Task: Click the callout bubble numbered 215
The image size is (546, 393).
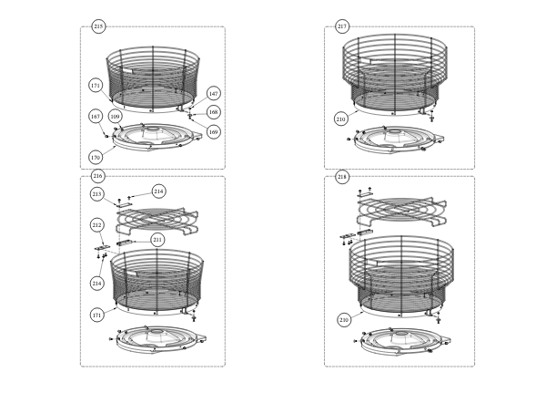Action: click(x=98, y=26)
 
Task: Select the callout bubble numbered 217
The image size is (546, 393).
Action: click(x=342, y=26)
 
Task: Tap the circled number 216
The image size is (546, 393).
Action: click(x=98, y=176)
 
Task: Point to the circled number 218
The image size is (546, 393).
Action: click(x=342, y=177)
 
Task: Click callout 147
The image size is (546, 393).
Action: click(x=214, y=94)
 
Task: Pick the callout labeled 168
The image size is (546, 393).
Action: click(x=214, y=112)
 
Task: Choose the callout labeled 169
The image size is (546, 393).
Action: click(x=214, y=132)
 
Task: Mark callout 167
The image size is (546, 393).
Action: click(x=96, y=117)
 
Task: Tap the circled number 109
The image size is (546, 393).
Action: click(x=116, y=117)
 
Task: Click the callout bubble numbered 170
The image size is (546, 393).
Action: click(x=96, y=158)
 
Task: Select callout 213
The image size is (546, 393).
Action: click(x=97, y=194)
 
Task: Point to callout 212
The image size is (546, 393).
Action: click(x=97, y=225)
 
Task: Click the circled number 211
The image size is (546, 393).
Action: click(x=157, y=240)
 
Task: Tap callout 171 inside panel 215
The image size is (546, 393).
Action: click(x=96, y=86)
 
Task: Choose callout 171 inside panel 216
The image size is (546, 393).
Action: click(x=97, y=315)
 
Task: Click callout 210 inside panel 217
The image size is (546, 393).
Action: click(x=341, y=119)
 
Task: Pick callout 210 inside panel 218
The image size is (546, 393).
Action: click(x=344, y=320)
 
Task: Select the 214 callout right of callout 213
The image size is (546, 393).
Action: click(x=158, y=191)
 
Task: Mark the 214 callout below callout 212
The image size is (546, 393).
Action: click(x=97, y=283)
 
